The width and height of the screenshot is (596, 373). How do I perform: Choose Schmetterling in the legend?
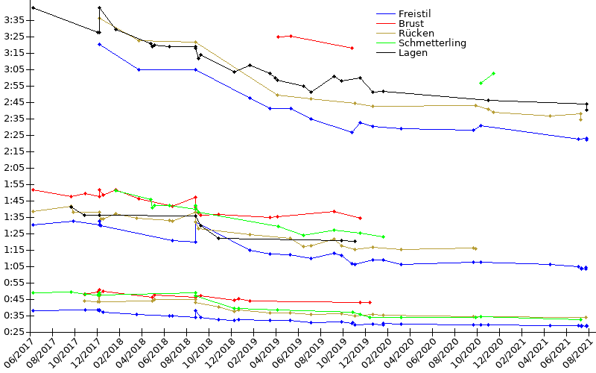click(432, 43)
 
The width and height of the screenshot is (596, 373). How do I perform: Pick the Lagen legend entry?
click(412, 53)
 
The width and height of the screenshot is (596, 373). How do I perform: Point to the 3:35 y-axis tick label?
click(15, 20)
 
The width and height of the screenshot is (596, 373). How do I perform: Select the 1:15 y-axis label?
click(15, 250)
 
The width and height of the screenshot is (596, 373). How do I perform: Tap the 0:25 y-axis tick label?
click(15, 332)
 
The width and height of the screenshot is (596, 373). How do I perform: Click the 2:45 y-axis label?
click(15, 102)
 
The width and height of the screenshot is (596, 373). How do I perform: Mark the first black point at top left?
click(34, 8)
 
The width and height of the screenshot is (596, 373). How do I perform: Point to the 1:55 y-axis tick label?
click(15, 184)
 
